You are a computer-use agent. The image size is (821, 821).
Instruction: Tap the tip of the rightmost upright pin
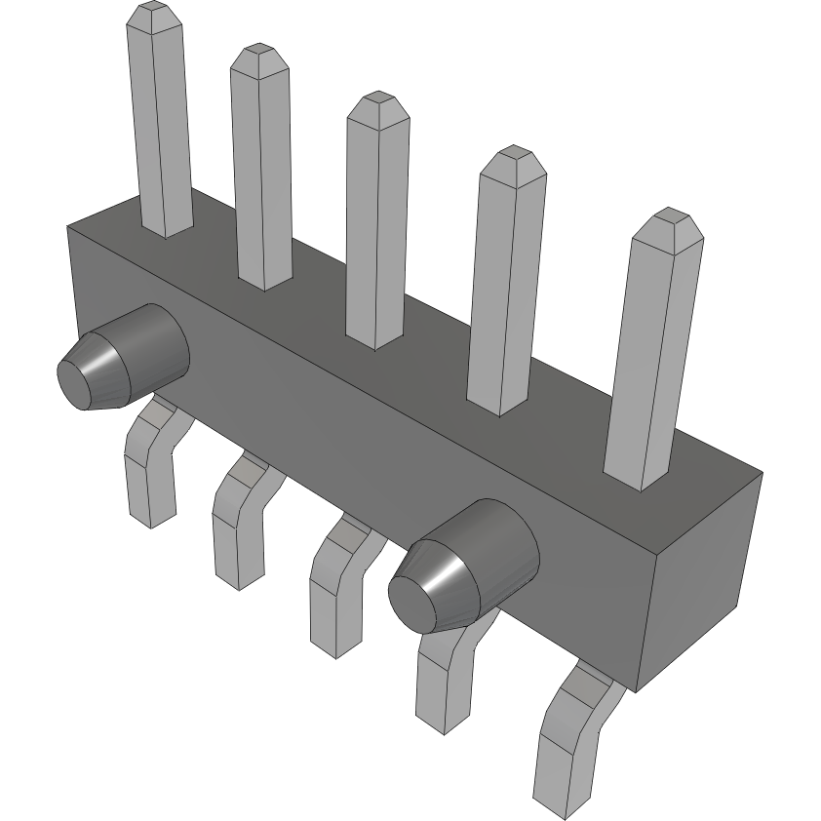pos(667,217)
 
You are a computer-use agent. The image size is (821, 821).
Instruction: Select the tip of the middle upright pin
pos(377,101)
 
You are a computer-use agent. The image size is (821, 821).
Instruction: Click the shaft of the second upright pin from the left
pos(261,176)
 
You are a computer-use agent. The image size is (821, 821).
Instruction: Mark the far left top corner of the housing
pos(67,226)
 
